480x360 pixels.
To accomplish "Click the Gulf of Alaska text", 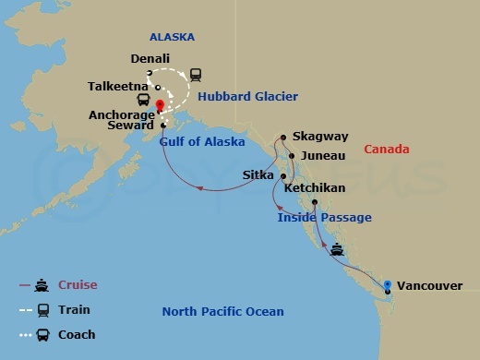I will (x=202, y=142).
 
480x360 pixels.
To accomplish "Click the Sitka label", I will (x=257, y=174).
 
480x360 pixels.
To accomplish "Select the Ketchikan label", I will (x=315, y=187).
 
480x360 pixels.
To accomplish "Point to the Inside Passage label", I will (x=325, y=217).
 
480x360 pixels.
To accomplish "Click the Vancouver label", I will (x=430, y=286).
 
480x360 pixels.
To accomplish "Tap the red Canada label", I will (x=386, y=149).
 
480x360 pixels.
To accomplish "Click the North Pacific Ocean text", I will (x=222, y=311).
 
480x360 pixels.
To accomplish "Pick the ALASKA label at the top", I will (x=172, y=37).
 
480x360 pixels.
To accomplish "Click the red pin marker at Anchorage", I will (x=160, y=104).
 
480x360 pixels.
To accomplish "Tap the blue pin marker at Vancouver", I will (x=389, y=284).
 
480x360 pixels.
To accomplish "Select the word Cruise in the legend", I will (x=78, y=284).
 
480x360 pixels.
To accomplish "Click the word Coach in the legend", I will (x=77, y=334).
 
